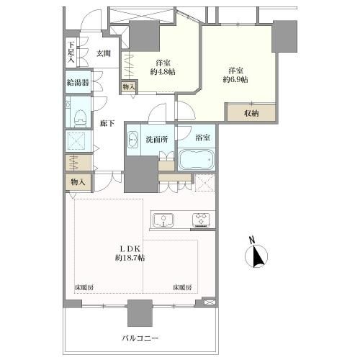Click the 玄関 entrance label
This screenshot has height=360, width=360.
point(104,53)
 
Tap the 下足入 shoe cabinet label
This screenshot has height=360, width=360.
point(71,52)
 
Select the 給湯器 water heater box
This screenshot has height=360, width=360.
point(78,82)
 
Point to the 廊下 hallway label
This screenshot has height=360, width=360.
point(107,123)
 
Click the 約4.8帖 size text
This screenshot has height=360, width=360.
point(163,71)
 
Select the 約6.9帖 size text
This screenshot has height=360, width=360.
point(235,79)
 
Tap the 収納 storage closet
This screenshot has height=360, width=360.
point(251,113)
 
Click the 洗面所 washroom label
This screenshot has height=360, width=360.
point(157,140)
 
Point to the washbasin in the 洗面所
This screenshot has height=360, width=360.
point(132,140)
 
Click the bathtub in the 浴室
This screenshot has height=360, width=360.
point(197,159)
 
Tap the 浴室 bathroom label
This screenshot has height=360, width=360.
point(203,138)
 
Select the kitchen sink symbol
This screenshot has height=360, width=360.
point(163,220)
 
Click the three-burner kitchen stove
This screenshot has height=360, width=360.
point(201,220)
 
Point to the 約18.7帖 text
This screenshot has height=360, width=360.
point(130,258)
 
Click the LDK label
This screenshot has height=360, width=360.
point(130,248)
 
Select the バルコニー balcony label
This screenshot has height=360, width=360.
point(140,338)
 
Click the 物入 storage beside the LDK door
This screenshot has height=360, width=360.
point(78,182)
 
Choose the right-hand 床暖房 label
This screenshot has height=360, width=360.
point(182,287)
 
